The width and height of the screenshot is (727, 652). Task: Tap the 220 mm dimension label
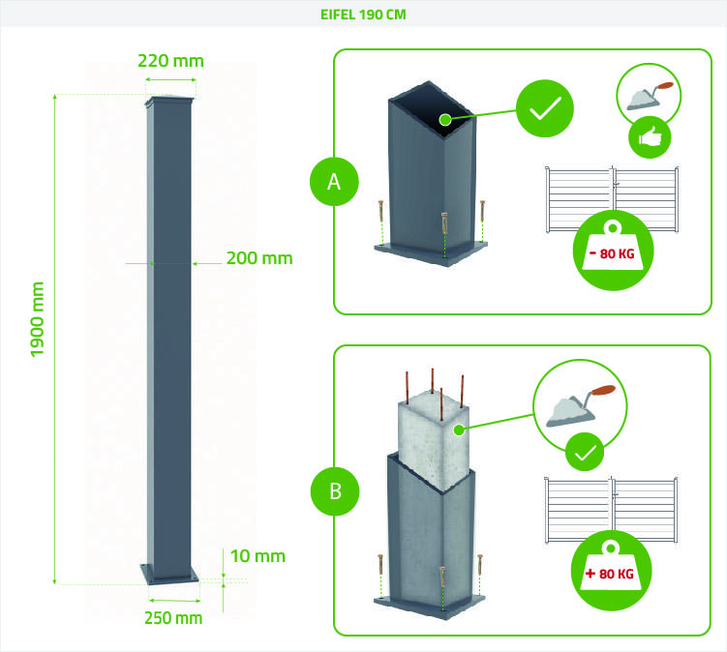pyautogui.click(x=171, y=61)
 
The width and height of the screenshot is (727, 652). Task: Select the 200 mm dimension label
pyautogui.click(x=258, y=258)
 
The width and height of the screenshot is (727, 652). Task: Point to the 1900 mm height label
pyautogui.click(x=38, y=319)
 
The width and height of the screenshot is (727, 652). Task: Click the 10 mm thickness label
pyautogui.click(x=258, y=556)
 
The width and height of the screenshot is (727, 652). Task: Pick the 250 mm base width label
pyautogui.click(x=173, y=617)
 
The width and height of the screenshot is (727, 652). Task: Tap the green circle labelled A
pyautogui.click(x=335, y=181)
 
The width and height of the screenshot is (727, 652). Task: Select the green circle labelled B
pyautogui.click(x=335, y=490)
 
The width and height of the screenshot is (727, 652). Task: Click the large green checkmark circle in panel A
pyautogui.click(x=544, y=108)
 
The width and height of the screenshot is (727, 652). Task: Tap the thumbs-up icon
pyautogui.click(x=650, y=137)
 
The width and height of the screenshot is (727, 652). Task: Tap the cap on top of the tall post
pyautogui.click(x=171, y=102)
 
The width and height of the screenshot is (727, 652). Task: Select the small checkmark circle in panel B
pyautogui.click(x=585, y=451)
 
